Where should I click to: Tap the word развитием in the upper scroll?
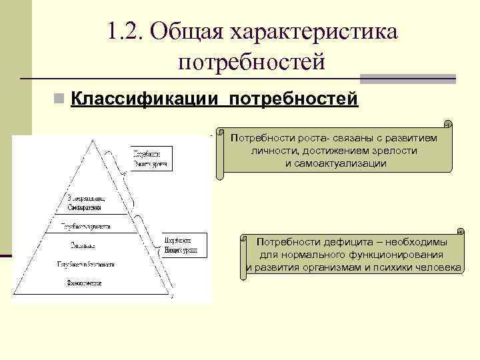point(410,138)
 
